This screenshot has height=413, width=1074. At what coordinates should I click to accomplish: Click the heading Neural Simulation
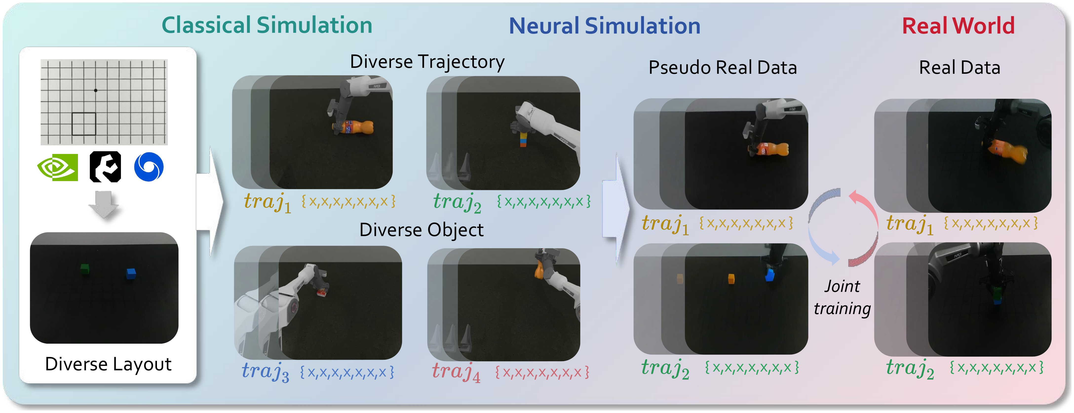pyautogui.click(x=605, y=26)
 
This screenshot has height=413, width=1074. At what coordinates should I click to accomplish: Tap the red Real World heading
pyautogui.click(x=958, y=26)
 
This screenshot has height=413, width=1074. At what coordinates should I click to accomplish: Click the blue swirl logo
pyautogui.click(x=149, y=167)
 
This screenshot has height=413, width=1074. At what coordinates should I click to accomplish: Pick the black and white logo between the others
pyautogui.click(x=105, y=167)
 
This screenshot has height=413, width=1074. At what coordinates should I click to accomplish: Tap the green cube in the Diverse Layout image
pyautogui.click(x=85, y=269)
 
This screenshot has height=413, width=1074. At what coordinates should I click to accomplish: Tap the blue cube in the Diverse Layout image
pyautogui.click(x=131, y=273)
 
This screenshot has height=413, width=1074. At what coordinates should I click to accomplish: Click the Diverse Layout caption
pyautogui.click(x=108, y=364)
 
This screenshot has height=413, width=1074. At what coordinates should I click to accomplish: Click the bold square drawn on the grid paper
pyautogui.click(x=84, y=124)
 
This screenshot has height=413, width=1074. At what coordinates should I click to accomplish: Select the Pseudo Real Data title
pyautogui.click(x=723, y=68)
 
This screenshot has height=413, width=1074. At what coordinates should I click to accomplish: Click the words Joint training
pyautogui.click(x=842, y=298)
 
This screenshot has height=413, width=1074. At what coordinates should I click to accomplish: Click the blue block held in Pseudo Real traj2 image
pyautogui.click(x=770, y=275)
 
